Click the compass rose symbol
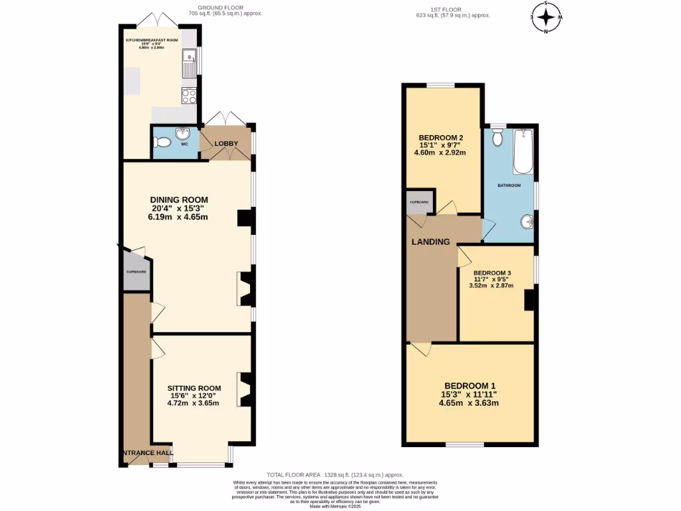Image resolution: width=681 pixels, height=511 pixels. point(546,17)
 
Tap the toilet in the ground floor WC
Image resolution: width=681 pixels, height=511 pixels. point(160,142)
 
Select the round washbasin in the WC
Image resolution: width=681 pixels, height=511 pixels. point(183,135)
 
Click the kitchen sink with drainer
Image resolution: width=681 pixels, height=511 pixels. point(188,64)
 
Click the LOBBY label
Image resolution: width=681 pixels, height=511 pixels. point(226,143)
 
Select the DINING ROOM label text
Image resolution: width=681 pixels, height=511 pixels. point(179,200)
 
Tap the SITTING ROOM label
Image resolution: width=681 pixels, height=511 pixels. point(194,389)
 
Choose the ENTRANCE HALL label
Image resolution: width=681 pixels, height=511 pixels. point(147,453)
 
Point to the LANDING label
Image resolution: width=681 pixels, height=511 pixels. point(430,242)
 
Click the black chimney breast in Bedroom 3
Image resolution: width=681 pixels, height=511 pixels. point(529,300)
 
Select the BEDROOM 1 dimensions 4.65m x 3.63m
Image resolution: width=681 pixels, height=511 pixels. point(469,403)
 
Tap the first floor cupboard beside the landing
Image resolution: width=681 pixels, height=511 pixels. point(418,202)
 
